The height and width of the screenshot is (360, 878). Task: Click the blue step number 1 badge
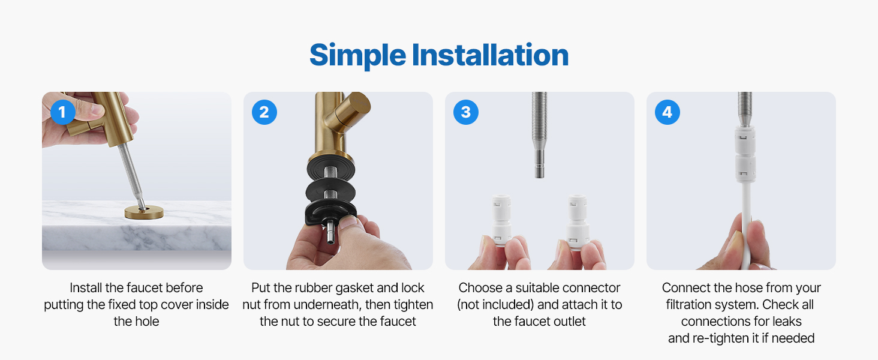click(x=63, y=112)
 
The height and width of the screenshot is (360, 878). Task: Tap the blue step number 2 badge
click(x=264, y=112)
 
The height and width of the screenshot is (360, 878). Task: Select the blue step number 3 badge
click(x=465, y=112)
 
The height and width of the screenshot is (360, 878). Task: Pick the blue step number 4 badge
click(x=667, y=112)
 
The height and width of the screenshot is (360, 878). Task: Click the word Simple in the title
click(x=357, y=56)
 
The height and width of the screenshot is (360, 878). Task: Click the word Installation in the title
click(x=490, y=55)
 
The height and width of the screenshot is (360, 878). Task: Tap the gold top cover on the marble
click(x=144, y=212)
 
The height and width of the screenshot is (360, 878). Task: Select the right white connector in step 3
click(x=578, y=221)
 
